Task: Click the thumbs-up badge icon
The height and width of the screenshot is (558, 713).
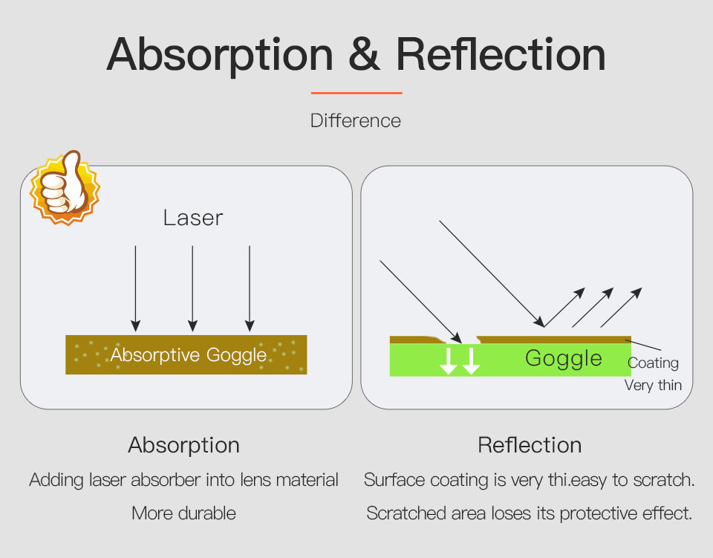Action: (x=65, y=187)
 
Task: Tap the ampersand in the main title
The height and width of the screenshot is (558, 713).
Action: (x=364, y=54)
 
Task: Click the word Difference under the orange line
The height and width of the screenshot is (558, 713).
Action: (x=356, y=120)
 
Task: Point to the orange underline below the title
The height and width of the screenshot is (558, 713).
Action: (x=356, y=93)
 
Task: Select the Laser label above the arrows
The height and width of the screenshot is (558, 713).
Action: (x=193, y=218)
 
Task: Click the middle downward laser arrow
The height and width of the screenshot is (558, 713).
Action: (x=192, y=288)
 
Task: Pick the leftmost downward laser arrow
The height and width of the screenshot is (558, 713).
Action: (x=135, y=288)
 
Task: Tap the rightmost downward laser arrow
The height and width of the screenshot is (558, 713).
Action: (x=250, y=288)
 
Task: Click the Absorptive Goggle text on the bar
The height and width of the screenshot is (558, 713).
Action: (x=188, y=354)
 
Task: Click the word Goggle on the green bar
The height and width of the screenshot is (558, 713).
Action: (x=564, y=358)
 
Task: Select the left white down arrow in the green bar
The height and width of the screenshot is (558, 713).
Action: (x=449, y=361)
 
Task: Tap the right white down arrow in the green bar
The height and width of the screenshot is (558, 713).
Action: (x=471, y=361)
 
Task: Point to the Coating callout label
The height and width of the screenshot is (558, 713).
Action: (x=653, y=363)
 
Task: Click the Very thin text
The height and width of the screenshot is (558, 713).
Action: (x=653, y=385)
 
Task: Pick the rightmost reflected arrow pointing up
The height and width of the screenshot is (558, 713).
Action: (x=621, y=307)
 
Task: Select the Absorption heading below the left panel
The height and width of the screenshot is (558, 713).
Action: (x=183, y=445)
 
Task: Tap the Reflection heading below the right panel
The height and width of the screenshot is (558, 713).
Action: (x=530, y=445)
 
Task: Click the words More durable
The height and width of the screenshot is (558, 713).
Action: (x=183, y=513)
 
